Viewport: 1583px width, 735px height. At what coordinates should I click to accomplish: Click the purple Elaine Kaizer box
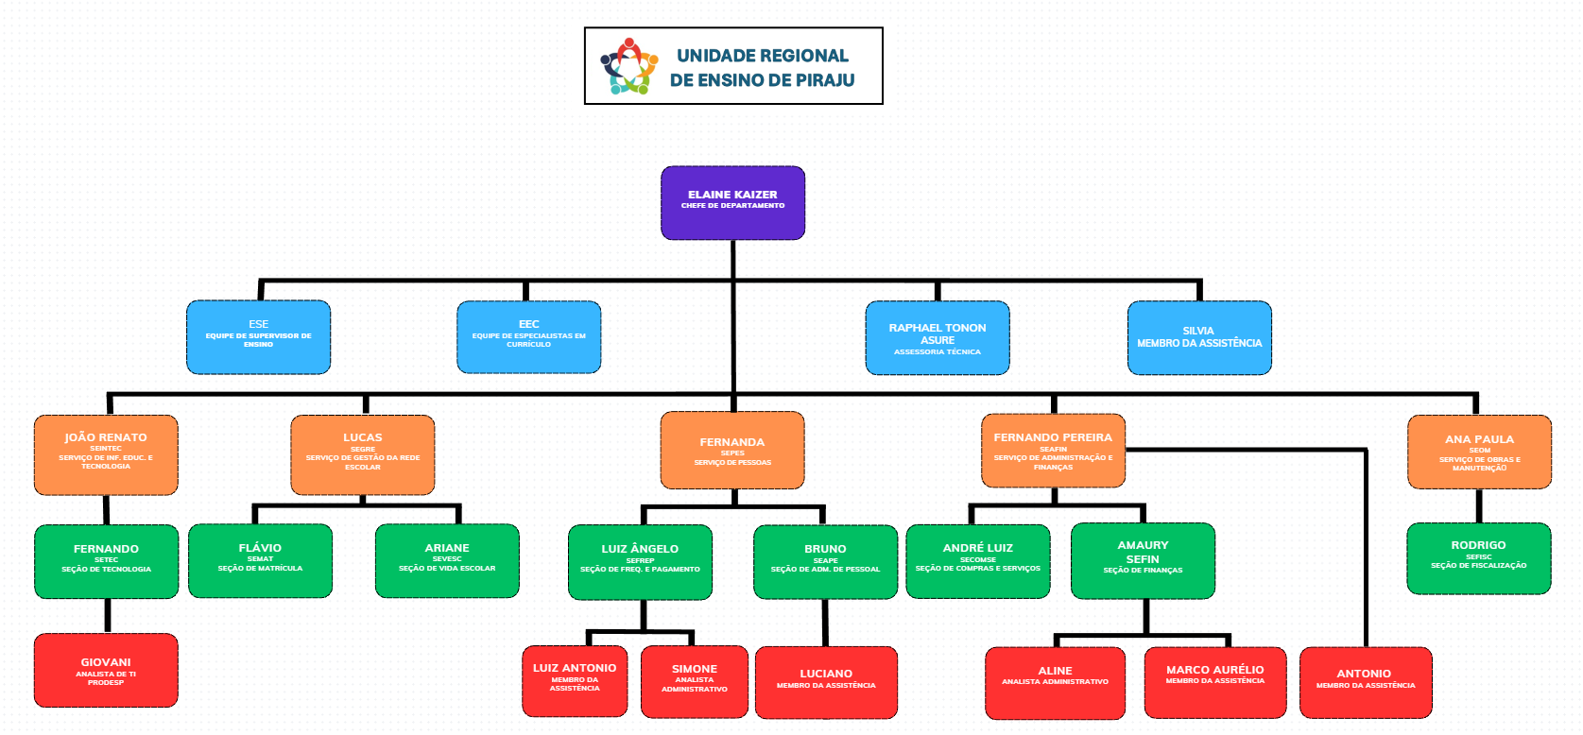pyautogui.click(x=732, y=202)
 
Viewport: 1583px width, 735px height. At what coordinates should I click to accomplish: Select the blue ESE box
pyautogui.click(x=258, y=336)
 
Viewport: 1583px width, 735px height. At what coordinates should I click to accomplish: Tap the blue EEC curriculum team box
pyautogui.click(x=528, y=336)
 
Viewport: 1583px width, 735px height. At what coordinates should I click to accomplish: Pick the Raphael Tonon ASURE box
pyautogui.click(x=937, y=337)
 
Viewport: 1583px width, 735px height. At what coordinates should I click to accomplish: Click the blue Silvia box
pyautogui.click(x=1198, y=337)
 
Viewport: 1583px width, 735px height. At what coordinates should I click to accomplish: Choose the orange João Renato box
pyautogui.click(x=106, y=454)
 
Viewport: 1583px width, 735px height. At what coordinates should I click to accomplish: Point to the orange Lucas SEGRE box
pyautogui.click(x=362, y=454)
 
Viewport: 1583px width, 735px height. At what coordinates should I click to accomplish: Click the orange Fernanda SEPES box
pyautogui.click(x=732, y=450)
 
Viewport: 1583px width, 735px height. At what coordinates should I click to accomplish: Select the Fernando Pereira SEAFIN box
pyautogui.click(x=1053, y=451)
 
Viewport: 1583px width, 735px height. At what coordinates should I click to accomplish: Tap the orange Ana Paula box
pyautogui.click(x=1479, y=452)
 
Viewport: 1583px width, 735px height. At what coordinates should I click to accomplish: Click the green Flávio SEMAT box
pyautogui.click(x=260, y=560)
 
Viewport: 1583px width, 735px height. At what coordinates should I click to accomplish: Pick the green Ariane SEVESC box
pyautogui.click(x=447, y=560)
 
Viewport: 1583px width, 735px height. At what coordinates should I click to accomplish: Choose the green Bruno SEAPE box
pyautogui.click(x=825, y=561)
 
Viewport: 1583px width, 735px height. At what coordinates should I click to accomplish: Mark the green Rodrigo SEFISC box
pyautogui.click(x=1478, y=557)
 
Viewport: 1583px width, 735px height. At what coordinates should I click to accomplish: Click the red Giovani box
pyautogui.click(x=106, y=670)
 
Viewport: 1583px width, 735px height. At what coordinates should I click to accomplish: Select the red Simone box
pyautogui.click(x=694, y=681)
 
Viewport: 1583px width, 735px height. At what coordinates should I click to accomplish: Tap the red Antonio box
pyautogui.click(x=1365, y=682)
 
